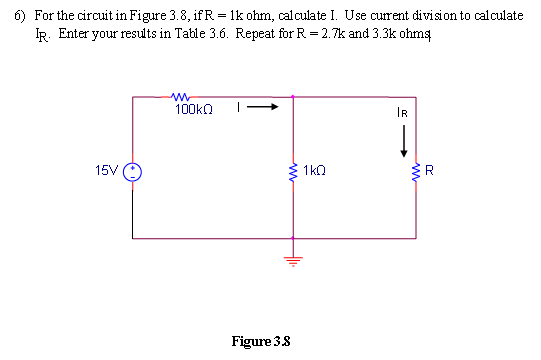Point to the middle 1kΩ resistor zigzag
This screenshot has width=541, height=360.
292,171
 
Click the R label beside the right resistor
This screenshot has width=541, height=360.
429,171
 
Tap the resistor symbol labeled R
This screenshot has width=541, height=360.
414,171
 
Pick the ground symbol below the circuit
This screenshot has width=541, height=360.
292,256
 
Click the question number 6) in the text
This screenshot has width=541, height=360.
19,19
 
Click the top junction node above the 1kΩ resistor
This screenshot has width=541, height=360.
292,97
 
